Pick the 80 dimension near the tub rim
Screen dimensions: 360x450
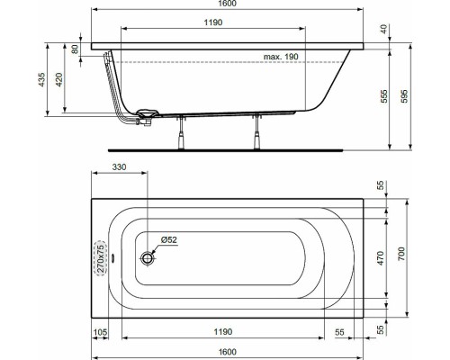point(75,49)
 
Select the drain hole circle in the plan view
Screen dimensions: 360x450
point(147,257)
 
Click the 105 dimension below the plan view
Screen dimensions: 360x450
point(102,332)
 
